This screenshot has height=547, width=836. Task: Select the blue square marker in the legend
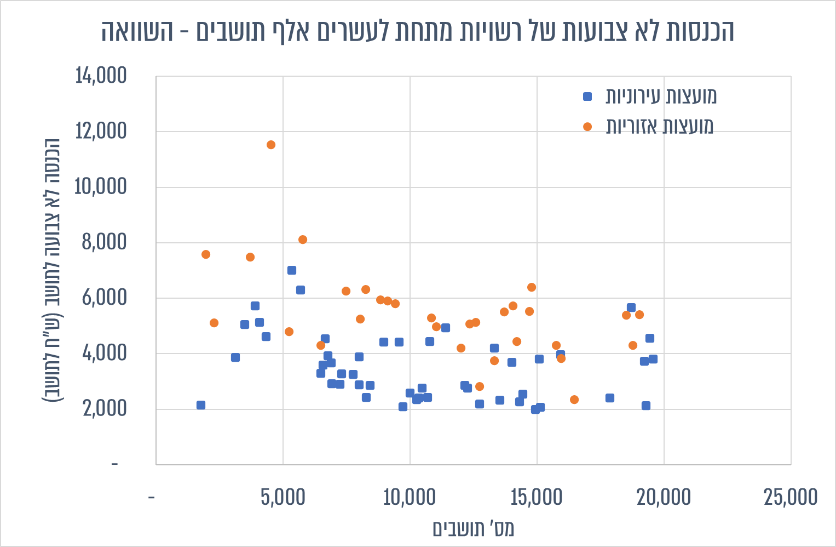tap(587, 96)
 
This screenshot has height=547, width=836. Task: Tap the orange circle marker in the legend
tap(587, 127)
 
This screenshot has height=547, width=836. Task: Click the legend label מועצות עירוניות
tap(661, 96)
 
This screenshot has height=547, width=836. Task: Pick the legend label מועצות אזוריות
tap(659, 127)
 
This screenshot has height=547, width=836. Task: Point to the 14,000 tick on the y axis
tap(101, 76)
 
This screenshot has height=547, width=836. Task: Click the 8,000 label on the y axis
tap(104, 242)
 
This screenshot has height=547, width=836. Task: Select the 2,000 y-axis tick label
tap(105, 408)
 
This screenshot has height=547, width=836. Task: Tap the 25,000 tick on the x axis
tap(791, 497)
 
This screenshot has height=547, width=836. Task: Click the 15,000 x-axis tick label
tap(537, 497)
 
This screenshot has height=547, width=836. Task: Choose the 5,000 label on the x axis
tap(283, 497)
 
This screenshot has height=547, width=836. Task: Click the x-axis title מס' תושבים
tap(473, 529)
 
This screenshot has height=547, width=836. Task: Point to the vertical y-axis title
tap(52, 270)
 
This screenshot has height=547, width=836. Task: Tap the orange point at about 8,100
tap(303, 240)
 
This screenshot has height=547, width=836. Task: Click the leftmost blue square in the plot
tap(201, 405)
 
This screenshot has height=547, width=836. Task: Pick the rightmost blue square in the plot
tap(653, 359)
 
